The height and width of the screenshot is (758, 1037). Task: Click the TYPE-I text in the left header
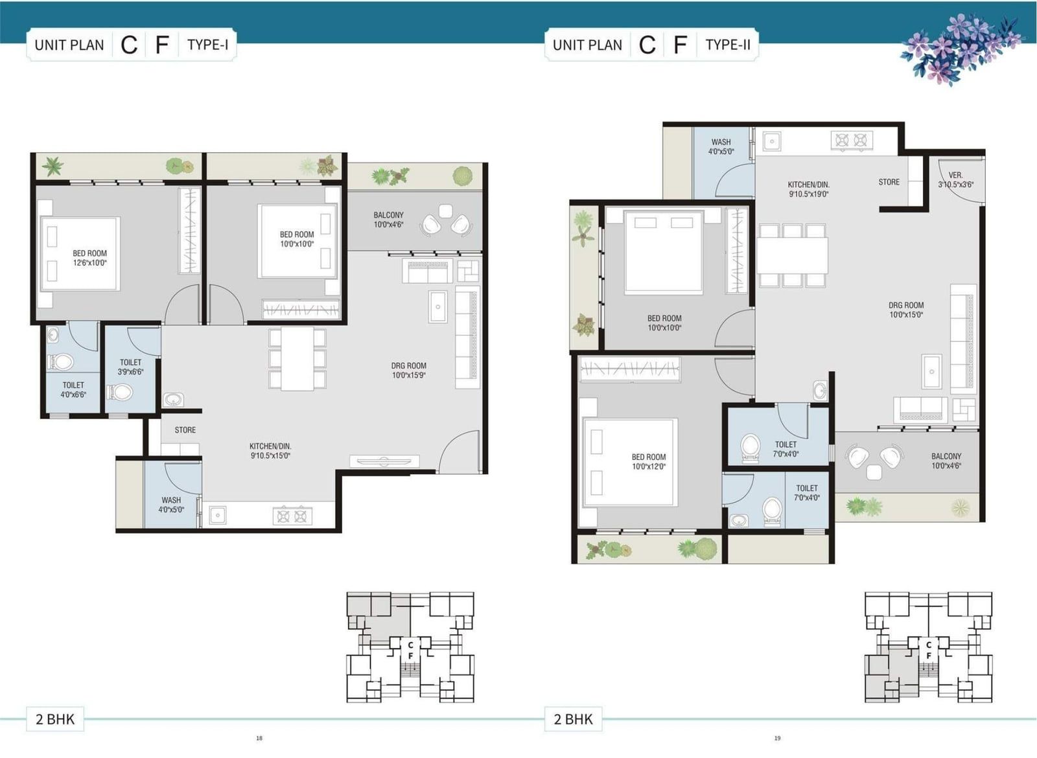coord(208,45)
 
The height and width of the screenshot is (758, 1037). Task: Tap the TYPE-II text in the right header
coord(728,45)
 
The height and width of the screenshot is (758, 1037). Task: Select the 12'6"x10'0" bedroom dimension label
coord(90,263)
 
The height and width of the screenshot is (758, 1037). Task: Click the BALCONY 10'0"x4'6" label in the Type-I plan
coord(388,220)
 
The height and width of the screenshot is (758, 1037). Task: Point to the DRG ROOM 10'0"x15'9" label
coord(409,370)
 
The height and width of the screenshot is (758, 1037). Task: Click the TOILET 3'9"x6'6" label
coord(130,367)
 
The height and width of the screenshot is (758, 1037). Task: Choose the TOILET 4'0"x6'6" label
coord(73,389)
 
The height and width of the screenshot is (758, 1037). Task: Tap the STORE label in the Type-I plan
coord(185,430)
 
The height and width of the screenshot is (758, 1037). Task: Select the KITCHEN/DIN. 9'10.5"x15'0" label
coord(270,451)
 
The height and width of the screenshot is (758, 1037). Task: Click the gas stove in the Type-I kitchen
coord(292,516)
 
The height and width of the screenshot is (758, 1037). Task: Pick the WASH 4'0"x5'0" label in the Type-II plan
coord(721,146)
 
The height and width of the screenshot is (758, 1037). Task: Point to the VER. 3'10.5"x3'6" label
coord(955,180)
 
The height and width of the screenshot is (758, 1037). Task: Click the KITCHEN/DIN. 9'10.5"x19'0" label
coord(809,189)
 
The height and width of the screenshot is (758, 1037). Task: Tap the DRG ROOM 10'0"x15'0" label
coord(906,310)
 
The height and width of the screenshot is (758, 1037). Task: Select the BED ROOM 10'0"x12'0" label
coord(649,461)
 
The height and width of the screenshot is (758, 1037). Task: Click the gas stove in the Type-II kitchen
coord(852,140)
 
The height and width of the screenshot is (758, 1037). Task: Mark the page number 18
coord(259,738)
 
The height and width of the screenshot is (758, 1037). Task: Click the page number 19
coord(777,738)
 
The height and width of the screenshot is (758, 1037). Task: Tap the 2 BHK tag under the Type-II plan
coord(573,719)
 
